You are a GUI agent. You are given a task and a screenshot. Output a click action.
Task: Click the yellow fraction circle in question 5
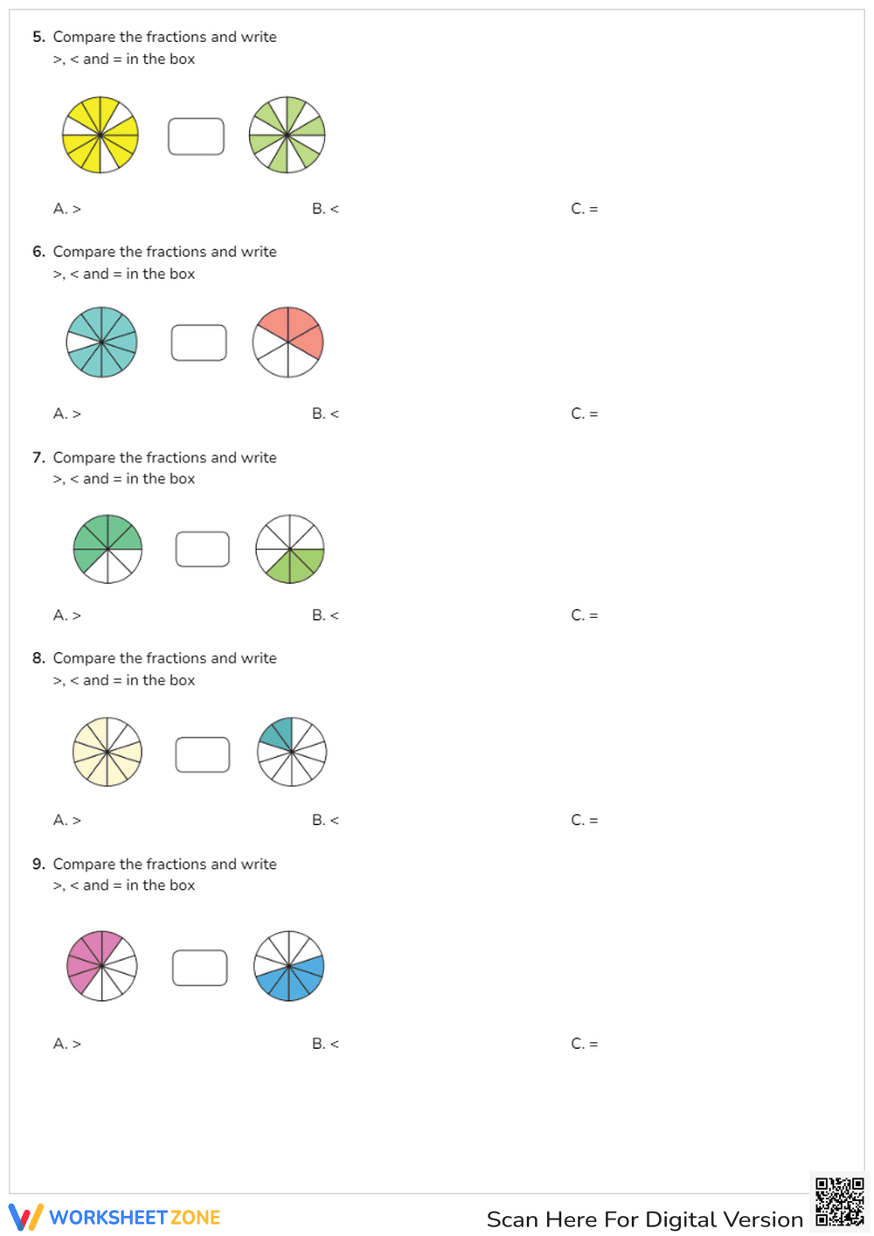101,135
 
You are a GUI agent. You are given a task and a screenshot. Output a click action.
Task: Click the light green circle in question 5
287,135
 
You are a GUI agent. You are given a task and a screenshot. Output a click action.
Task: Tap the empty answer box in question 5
196,136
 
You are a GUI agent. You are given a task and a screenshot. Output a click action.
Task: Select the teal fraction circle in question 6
102,342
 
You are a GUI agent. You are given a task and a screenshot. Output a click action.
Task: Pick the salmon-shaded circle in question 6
288,342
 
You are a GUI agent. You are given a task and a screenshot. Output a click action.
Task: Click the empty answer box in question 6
199,343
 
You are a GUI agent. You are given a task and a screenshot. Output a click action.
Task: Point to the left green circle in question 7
108,549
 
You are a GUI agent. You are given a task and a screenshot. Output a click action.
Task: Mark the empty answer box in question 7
203,549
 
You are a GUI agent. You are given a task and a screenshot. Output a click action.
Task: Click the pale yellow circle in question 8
108,752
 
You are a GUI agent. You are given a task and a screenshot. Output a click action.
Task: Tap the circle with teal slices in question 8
292,752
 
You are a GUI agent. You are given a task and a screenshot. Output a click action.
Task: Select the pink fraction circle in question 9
102,966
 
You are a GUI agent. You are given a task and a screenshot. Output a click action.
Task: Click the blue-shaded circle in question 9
289,966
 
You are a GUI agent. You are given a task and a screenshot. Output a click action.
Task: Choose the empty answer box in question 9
200,968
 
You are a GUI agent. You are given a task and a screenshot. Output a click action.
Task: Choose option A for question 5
67,209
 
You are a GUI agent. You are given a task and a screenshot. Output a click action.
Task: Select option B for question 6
325,413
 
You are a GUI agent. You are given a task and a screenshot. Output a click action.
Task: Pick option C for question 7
585,615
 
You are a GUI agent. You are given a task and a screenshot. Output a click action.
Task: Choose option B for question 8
325,820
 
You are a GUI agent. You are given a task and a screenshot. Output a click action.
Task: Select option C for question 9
585,1044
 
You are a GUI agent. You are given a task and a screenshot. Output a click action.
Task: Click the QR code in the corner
840,1202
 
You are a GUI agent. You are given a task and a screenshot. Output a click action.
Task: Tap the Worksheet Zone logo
114,1218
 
